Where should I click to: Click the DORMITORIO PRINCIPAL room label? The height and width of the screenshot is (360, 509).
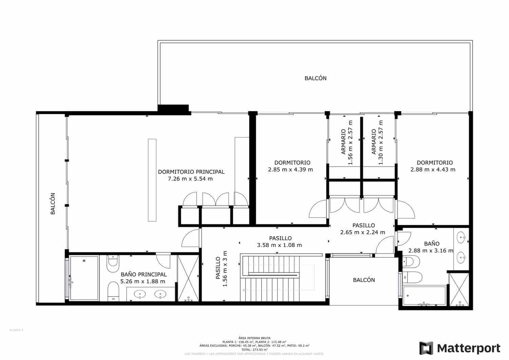(x=191, y=172)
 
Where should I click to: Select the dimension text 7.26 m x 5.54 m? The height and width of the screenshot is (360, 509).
(x=190, y=179)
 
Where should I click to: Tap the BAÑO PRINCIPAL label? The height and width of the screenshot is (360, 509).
(x=144, y=274)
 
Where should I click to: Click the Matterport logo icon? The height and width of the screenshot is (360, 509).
(x=426, y=348)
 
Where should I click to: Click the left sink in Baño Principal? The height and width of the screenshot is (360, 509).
(x=139, y=294)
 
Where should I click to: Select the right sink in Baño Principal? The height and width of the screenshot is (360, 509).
(x=160, y=294)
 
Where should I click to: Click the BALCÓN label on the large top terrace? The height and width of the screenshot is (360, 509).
(x=315, y=78)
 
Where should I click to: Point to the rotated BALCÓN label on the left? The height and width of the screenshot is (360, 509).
(x=53, y=204)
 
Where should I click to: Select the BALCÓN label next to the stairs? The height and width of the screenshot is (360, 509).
(x=364, y=280)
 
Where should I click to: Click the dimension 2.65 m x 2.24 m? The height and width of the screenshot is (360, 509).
(x=362, y=232)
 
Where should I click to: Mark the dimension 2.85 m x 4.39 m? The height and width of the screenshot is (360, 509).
(x=290, y=170)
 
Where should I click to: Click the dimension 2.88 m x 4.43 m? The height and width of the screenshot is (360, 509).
(x=433, y=170)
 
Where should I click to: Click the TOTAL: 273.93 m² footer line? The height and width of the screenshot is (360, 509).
(x=254, y=349)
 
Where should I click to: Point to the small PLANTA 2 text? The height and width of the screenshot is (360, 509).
(x=16, y=330)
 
